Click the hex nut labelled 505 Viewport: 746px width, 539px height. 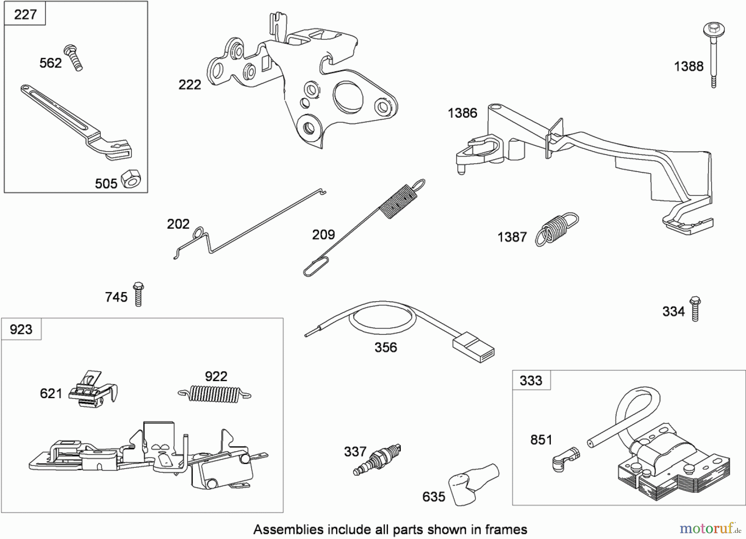131,179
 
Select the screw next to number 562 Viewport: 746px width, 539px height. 74,58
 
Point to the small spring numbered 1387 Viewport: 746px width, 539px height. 556,229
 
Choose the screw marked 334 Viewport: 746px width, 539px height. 695,309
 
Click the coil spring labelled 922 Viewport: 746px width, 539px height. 214,394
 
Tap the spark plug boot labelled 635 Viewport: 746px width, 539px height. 472,483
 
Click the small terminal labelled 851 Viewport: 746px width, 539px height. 566,458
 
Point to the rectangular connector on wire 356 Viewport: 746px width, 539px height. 473,347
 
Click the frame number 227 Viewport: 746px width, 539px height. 25,15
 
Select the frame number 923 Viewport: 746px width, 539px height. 21,329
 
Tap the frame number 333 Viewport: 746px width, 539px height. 531,380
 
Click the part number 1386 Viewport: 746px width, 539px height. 462,113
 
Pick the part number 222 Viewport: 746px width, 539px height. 189,85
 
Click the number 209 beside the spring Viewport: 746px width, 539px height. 323,235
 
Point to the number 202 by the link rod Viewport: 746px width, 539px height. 178,224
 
